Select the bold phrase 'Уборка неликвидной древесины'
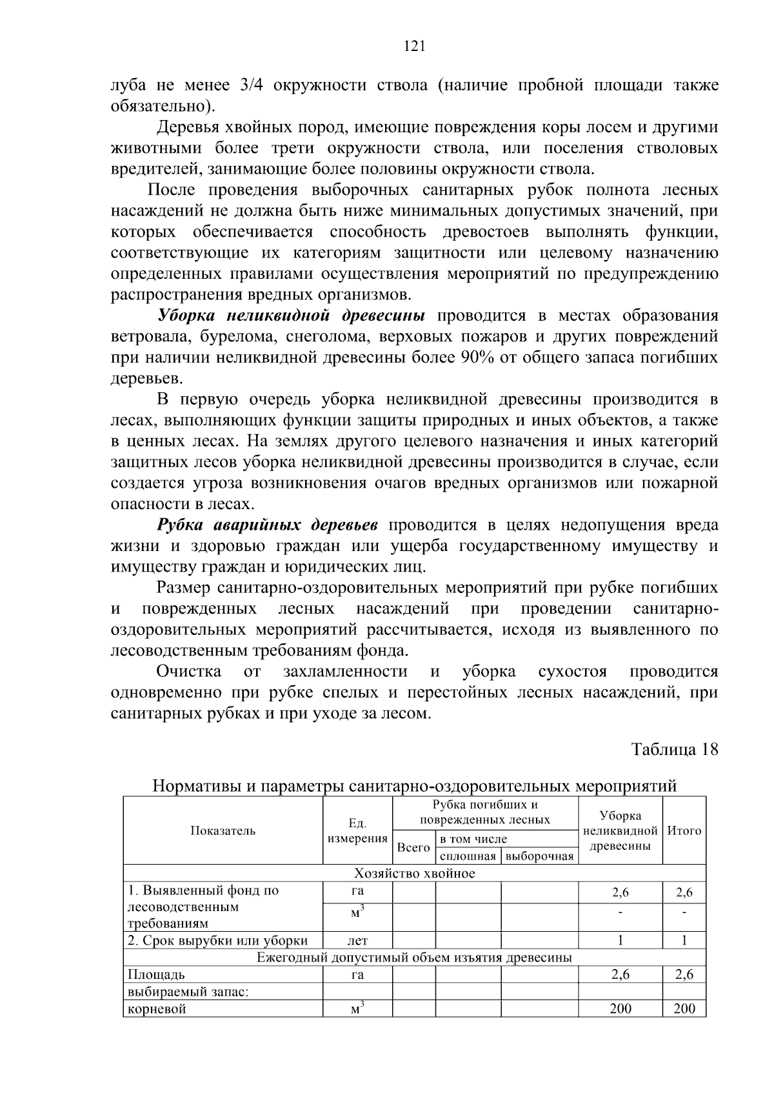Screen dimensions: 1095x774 coord(291,316)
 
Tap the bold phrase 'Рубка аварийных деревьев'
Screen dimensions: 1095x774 coord(268,525)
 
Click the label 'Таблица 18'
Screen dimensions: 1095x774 coord(675,749)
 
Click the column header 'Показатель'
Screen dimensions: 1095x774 coord(223,830)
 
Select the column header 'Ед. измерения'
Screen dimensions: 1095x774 coord(357,831)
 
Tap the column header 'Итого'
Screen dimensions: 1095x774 coord(684,830)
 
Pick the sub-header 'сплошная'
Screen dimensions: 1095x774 coord(468,856)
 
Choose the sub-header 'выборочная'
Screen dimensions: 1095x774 coord(540,856)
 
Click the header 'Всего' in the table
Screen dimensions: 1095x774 coord(413,847)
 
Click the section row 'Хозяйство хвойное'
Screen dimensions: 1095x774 coord(414,874)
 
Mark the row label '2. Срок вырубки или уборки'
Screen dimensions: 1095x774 coord(217,940)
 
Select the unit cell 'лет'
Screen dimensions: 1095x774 coord(357,940)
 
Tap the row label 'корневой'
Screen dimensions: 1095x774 coord(157,1009)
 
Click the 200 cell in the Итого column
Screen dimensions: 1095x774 coord(684,1009)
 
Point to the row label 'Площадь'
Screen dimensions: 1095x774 coord(156,974)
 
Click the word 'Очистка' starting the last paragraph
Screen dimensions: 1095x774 coord(189,672)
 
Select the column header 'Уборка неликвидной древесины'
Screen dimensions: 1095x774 coord(620,830)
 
